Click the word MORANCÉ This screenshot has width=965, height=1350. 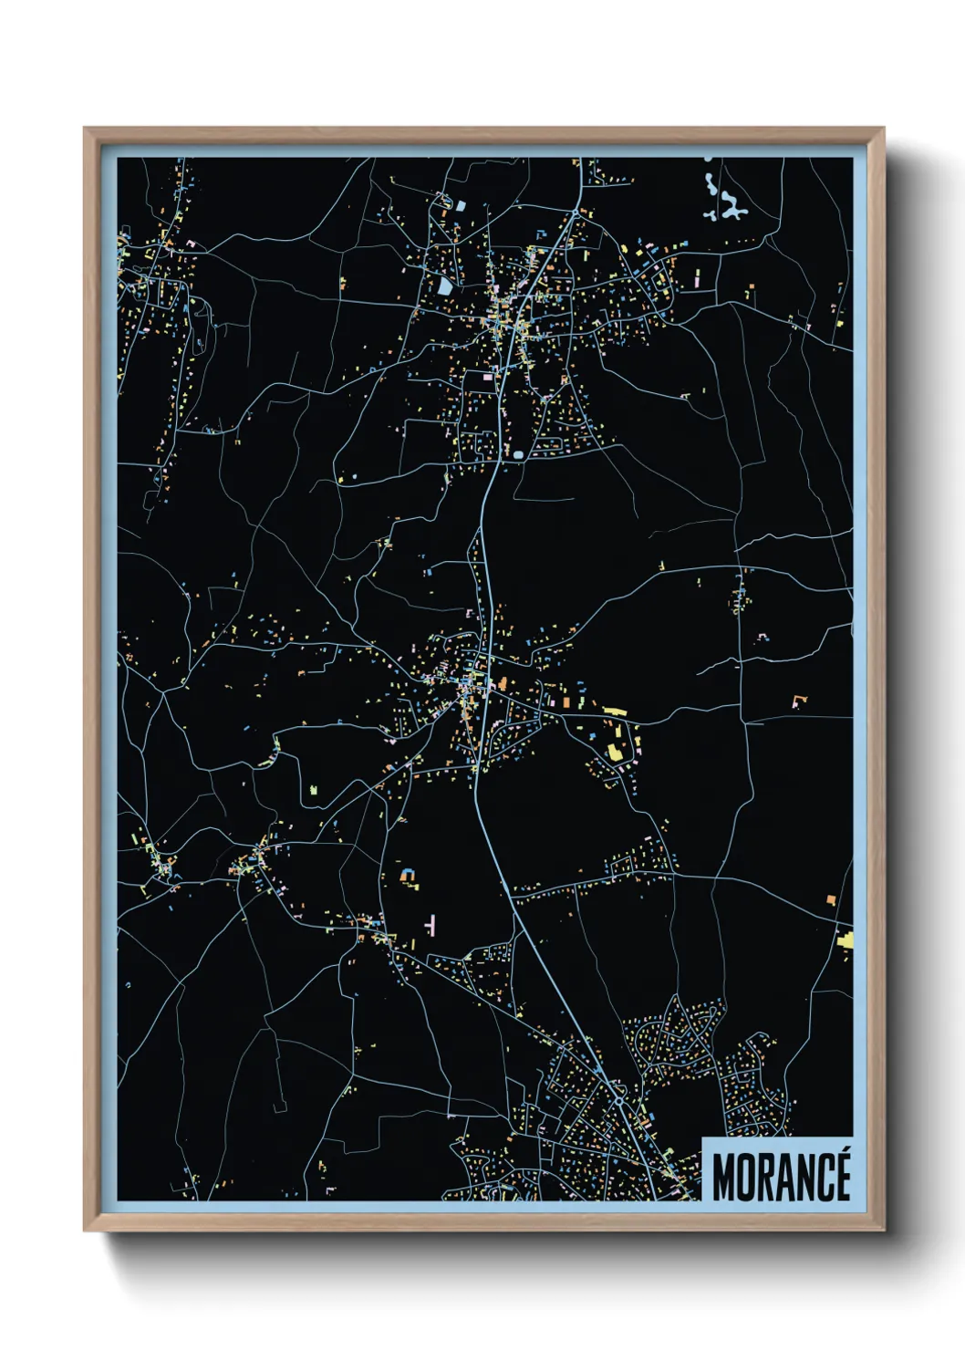point(781,1178)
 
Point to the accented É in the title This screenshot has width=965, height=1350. point(841,1176)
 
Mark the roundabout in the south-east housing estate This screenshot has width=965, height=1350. point(619,1101)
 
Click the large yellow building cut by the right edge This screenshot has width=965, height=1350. point(846,940)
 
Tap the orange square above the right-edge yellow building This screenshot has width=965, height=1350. point(831,900)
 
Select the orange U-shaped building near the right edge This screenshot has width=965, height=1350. point(800,701)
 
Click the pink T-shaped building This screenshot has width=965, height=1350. point(430,924)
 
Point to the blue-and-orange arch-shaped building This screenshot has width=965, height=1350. point(410,877)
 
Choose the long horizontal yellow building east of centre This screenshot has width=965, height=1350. point(614,711)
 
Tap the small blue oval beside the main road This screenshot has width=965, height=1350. point(518,453)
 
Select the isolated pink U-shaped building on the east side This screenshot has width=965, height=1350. point(763,636)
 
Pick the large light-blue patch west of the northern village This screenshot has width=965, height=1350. point(444,286)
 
